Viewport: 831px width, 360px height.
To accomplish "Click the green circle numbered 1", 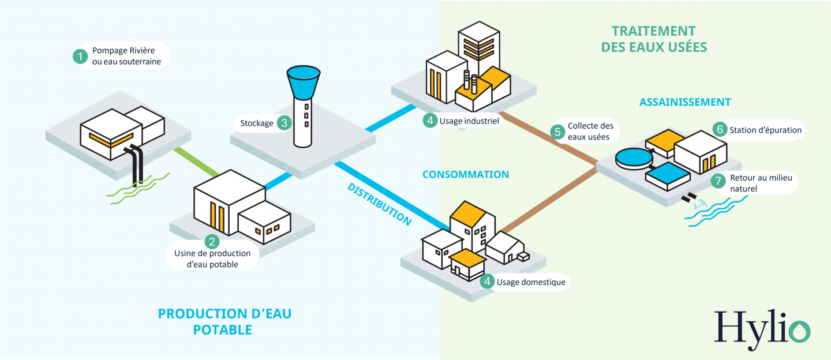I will [x=80, y=56].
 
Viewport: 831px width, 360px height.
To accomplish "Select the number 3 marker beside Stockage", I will [x=283, y=123].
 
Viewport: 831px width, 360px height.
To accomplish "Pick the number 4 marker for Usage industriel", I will [x=430, y=121].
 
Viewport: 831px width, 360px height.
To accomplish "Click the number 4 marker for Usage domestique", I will [x=488, y=282].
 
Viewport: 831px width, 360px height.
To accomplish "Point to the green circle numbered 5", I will [x=558, y=132].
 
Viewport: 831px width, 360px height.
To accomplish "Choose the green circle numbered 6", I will [x=719, y=130].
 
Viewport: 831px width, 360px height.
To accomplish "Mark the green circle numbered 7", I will [x=718, y=181].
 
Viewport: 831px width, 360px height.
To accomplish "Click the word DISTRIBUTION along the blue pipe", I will [x=379, y=204].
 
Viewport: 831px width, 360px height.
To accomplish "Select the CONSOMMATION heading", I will [x=466, y=174].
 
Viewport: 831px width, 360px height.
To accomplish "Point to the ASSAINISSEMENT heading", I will [x=685, y=102].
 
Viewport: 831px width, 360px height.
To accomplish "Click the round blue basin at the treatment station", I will [x=634, y=157].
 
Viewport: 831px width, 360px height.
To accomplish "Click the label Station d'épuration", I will [x=765, y=130].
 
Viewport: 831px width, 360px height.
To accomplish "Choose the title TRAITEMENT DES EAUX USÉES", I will [x=654, y=39].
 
